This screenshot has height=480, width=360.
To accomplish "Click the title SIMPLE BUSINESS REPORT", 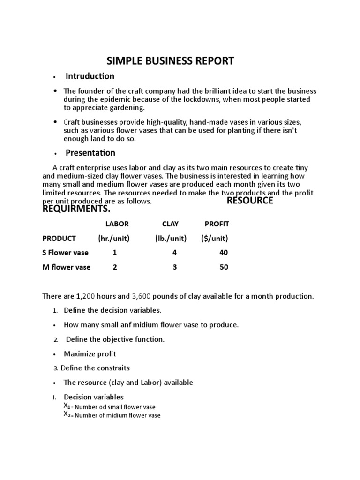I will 171,61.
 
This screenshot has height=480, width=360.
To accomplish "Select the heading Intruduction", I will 90,76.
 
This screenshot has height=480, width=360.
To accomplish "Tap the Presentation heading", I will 90,153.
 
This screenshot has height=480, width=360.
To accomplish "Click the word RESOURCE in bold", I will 250,201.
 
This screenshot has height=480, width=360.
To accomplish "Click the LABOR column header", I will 117,224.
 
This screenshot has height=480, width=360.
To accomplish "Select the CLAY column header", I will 170,224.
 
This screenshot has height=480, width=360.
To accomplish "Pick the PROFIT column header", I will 217,224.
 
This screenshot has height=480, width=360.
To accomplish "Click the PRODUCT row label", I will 59,239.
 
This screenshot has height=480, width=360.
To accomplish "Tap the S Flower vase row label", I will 65,253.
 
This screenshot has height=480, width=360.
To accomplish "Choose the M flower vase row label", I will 66,267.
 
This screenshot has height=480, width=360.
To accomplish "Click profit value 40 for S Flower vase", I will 224,253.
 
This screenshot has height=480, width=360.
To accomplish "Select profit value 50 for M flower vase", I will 224,267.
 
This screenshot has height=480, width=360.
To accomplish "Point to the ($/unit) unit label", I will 214,239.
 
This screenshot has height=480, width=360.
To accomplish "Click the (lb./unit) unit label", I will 171,239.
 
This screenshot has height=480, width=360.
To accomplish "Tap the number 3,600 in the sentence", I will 141,296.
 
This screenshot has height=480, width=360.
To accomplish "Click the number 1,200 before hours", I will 86,296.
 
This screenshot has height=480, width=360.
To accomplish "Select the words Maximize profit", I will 90,353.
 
